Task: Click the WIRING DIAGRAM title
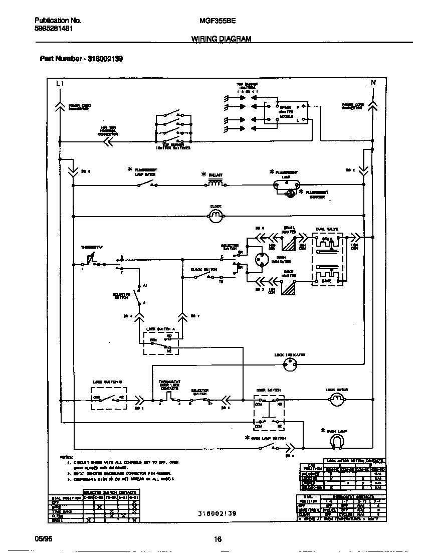(x=221, y=39)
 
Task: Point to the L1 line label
(x=60, y=83)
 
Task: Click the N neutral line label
(x=373, y=83)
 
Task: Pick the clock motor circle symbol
(x=215, y=216)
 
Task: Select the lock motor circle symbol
(x=336, y=400)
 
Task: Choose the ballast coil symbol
(x=215, y=184)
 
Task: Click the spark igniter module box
(x=286, y=113)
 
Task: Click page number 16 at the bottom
(x=218, y=539)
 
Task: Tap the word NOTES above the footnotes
(x=66, y=457)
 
